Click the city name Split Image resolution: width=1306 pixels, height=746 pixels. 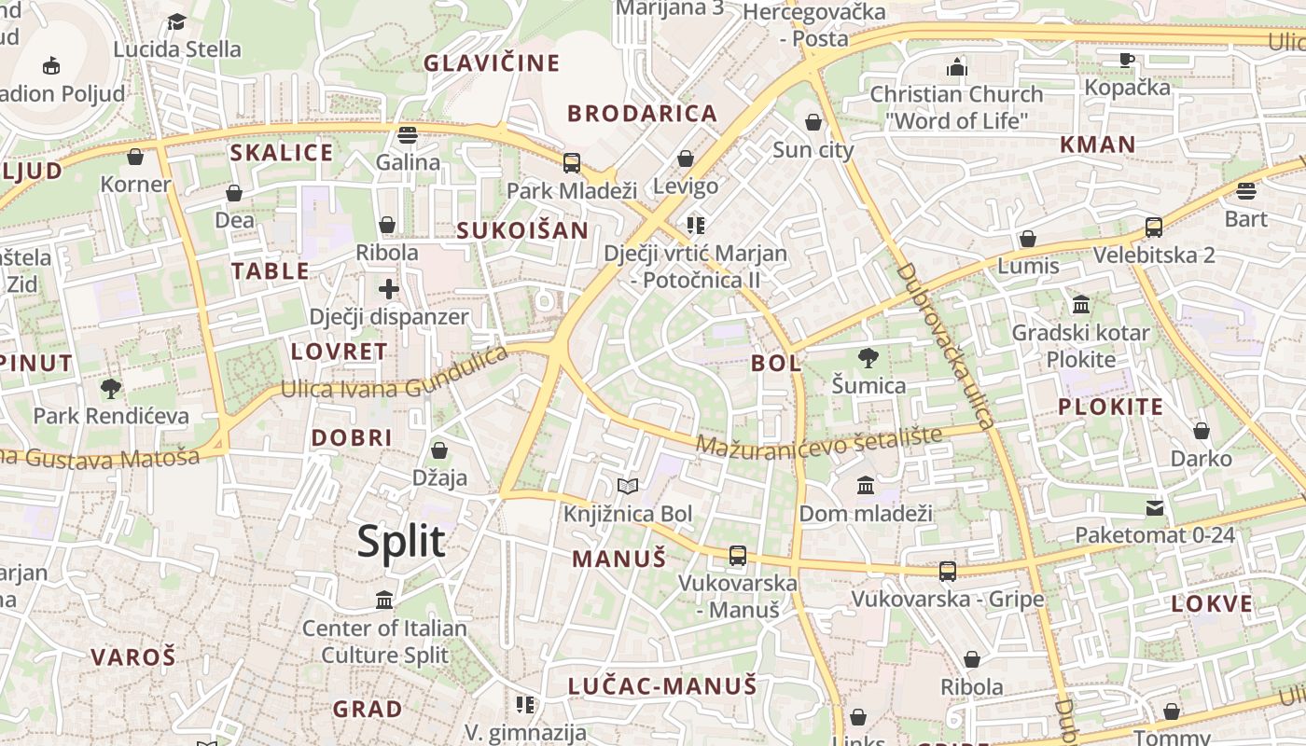pyautogui.click(x=401, y=542)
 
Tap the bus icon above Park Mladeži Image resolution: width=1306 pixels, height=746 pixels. pyautogui.click(x=571, y=163)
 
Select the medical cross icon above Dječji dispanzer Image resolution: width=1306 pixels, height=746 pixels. pyautogui.click(x=389, y=289)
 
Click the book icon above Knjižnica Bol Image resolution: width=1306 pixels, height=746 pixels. pyautogui.click(x=628, y=486)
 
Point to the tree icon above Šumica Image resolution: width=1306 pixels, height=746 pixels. pyautogui.click(x=868, y=357)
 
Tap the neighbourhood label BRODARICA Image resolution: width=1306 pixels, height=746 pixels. pyautogui.click(x=643, y=114)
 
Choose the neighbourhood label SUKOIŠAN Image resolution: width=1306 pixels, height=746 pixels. pyautogui.click(x=522, y=230)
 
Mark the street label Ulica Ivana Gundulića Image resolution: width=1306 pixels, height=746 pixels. pyautogui.click(x=395, y=378)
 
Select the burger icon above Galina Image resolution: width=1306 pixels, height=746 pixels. pyautogui.click(x=407, y=134)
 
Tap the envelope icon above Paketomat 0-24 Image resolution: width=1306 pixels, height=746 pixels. pyautogui.click(x=1155, y=507)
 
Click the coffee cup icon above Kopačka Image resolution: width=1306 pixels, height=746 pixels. pyautogui.click(x=1127, y=60)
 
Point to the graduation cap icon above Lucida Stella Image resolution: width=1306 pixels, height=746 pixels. pyautogui.click(x=176, y=21)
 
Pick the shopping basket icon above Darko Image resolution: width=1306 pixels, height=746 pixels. pyautogui.click(x=1202, y=431)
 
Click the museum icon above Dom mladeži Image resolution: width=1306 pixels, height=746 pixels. pyautogui.click(x=866, y=485)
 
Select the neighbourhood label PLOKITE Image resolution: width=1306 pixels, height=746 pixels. pyautogui.click(x=1110, y=407)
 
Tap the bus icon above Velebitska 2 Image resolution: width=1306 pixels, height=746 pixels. pyautogui.click(x=1154, y=227)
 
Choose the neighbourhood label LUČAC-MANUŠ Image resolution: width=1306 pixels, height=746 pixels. pyautogui.click(x=662, y=686)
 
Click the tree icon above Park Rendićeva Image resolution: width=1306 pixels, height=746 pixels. pyautogui.click(x=111, y=388)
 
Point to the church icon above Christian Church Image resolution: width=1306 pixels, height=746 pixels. pyautogui.click(x=956, y=67)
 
